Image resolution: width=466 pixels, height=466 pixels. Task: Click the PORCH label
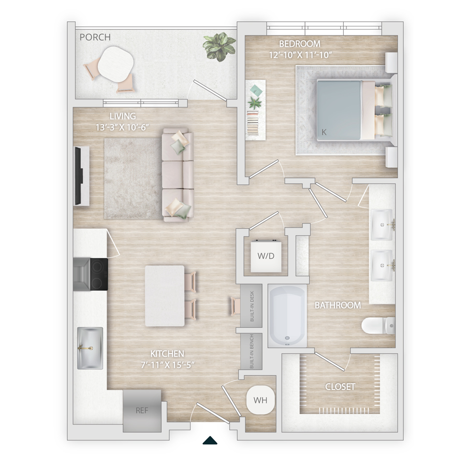(95, 37)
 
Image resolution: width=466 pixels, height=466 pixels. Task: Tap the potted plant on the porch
(220, 47)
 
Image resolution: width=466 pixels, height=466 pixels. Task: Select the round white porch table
(115, 64)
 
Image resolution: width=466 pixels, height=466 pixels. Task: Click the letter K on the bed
(324, 132)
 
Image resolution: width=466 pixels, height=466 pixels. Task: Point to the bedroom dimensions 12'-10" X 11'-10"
(300, 55)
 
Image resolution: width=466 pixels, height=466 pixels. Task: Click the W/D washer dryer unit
(266, 256)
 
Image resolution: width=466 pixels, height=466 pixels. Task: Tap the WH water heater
(260, 400)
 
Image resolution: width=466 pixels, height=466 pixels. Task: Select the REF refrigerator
(142, 411)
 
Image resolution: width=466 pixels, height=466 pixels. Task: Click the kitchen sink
(90, 348)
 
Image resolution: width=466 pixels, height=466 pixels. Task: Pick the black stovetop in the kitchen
(99, 274)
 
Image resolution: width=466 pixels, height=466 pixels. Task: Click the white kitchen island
(165, 296)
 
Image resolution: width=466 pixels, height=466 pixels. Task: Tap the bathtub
(287, 316)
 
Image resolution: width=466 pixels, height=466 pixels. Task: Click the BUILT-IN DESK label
(252, 306)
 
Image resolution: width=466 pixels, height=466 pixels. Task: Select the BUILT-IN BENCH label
(252, 351)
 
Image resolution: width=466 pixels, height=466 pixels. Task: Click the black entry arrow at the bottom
(210, 440)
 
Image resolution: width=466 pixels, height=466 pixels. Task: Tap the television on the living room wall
(78, 176)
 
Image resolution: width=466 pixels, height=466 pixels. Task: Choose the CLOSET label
(340, 387)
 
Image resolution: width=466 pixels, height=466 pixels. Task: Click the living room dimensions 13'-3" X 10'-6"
(122, 127)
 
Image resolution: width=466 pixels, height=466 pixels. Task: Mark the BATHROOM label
(338, 305)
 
